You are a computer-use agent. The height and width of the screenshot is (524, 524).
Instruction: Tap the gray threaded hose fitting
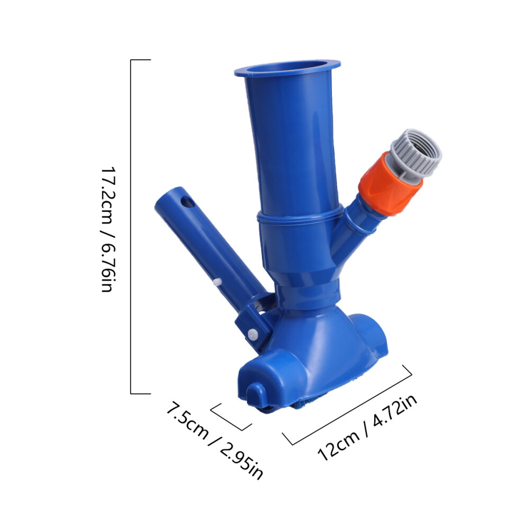point(417,154)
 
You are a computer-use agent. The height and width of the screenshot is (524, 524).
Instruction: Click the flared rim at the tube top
point(287,68)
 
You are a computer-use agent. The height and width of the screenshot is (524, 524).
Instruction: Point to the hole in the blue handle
point(187,203)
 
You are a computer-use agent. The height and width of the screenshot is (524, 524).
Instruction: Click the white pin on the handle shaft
point(216,282)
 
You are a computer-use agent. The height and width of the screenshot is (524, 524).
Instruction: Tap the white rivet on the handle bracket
point(252,333)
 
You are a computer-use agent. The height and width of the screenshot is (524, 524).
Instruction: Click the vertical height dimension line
point(131,227)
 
